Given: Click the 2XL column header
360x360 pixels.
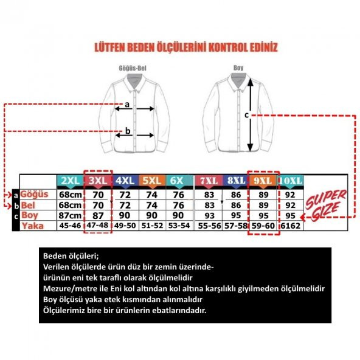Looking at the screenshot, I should point(69,181).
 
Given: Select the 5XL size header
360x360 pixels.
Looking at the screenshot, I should point(151,181).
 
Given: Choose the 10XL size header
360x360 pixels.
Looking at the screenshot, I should point(290,181).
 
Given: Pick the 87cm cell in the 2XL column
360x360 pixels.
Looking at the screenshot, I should point(69,215).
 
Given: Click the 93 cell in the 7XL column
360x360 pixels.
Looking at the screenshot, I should point(209,215).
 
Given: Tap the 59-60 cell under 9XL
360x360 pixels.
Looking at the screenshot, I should point(263,226).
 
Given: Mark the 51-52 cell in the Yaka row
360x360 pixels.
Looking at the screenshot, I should point(152,226).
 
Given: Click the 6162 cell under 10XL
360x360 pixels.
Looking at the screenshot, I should point(289,226).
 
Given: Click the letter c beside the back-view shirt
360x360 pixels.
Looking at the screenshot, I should point(246,114).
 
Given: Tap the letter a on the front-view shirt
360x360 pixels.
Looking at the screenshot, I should point(126,104).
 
